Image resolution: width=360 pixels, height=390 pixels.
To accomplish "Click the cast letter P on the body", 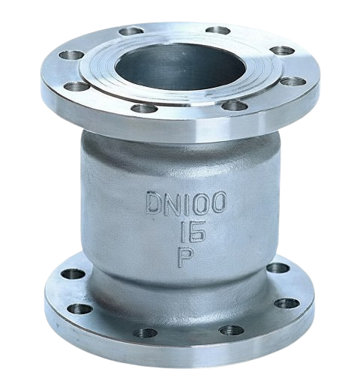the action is (186, 257).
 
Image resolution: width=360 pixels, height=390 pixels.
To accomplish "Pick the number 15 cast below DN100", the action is (193, 232).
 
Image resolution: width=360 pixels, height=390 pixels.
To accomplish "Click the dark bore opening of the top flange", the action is (181, 67).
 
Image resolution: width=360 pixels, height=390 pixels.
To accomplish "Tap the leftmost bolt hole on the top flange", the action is (72, 55).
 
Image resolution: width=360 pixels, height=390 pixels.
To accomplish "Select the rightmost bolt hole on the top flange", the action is (292, 82).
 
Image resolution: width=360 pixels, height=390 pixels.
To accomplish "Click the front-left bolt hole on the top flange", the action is (145, 109).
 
